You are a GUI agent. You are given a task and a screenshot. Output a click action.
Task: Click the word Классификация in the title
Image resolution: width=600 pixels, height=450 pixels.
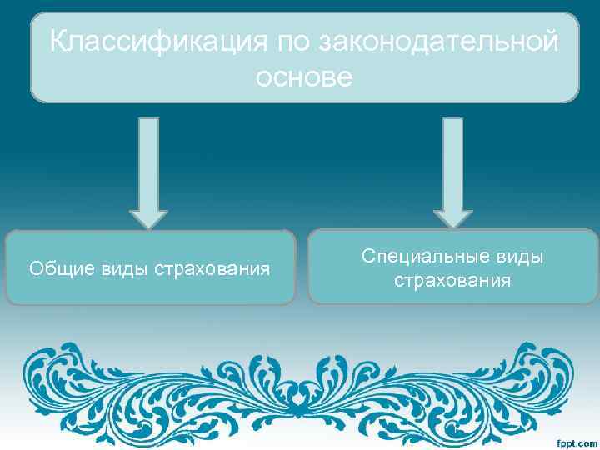coord(155,40)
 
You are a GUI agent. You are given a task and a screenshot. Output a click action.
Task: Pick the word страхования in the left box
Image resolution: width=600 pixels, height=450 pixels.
coord(212,269)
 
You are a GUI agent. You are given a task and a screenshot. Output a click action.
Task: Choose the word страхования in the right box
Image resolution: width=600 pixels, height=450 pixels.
coord(452,281)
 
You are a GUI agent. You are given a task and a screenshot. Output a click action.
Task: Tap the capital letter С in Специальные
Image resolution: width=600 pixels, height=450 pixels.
coord(367,257)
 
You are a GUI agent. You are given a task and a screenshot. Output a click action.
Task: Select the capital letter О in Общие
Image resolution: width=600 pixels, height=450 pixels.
coord(35,269)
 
